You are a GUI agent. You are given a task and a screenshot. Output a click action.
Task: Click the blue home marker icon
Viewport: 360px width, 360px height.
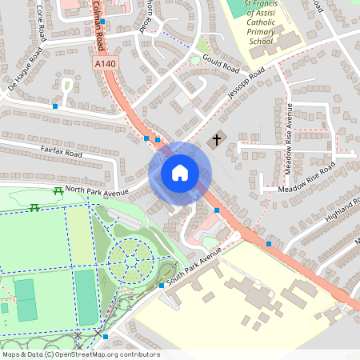[x=180, y=173]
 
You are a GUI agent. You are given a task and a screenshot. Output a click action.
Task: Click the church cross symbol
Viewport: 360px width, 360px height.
[x=215, y=141]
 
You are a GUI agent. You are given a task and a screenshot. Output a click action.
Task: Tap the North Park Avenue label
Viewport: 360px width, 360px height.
[x=97, y=190]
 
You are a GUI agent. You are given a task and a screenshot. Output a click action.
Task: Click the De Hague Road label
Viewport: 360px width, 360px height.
[x=24, y=70]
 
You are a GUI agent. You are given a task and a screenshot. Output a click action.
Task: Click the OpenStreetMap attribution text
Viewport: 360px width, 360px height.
[x=81, y=354]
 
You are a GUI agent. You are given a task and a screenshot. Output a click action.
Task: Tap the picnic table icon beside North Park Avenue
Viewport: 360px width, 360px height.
[x=58, y=190]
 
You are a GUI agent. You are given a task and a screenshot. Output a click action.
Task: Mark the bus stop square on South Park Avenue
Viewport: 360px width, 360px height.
[x=162, y=286]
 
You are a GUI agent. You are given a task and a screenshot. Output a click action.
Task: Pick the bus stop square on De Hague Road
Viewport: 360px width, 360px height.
[x=54, y=106]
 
